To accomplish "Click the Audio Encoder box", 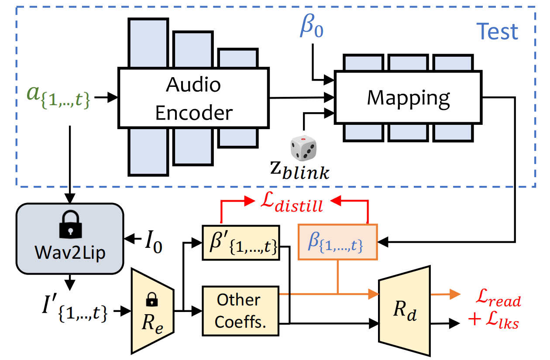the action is click(194, 98).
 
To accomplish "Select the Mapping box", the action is click(408, 97).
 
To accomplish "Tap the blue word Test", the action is click(497, 31).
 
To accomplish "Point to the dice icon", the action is click(303, 148).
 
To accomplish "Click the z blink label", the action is click(300, 170).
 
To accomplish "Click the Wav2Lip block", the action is click(70, 238).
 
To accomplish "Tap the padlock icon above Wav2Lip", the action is click(70, 224).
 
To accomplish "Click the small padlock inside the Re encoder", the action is click(152, 299).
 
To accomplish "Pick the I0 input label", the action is click(154, 242).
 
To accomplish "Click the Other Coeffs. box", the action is click(241, 311).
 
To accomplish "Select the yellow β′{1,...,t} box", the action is click(241, 243).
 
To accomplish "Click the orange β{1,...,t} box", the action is click(337, 242).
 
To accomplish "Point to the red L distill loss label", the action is click(292, 202).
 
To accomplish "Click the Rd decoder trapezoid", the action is click(404, 311).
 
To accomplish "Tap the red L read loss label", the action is click(498, 298).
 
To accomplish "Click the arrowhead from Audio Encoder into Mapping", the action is click(329, 97).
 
